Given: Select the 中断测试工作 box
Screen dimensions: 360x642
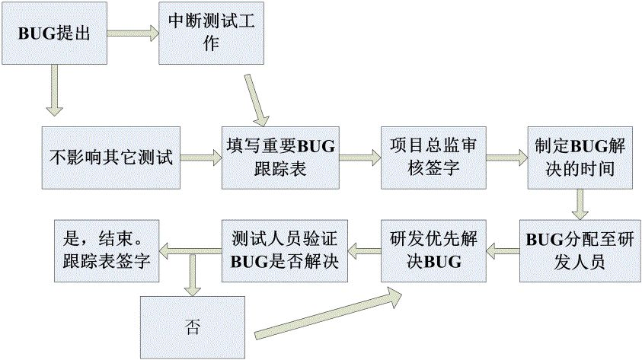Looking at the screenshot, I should [211, 34].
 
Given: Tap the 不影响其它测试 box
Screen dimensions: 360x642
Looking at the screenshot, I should [112, 158].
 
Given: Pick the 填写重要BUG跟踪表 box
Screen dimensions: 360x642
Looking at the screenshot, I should [279, 158].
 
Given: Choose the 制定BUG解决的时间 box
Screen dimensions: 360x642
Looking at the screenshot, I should [581, 158].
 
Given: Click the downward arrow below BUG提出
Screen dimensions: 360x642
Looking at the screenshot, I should [53, 89].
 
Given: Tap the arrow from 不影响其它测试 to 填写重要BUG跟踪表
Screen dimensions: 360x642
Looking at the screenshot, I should [201, 158].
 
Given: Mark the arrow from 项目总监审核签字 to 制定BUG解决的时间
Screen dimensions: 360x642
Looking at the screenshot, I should [506, 158].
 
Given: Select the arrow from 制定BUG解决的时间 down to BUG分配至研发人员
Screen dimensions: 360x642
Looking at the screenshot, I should [581, 204].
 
